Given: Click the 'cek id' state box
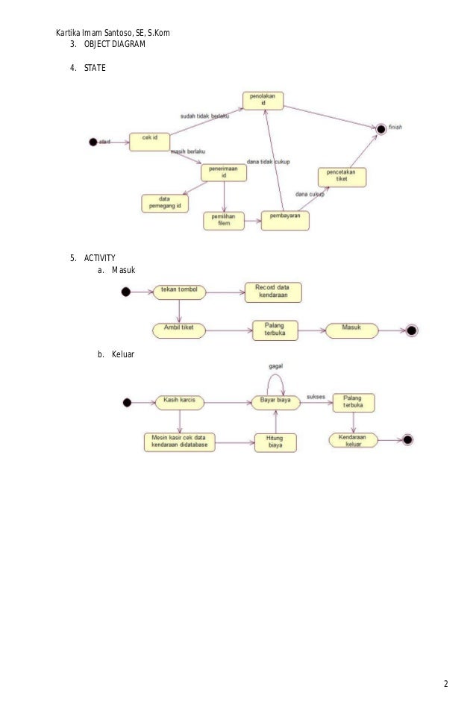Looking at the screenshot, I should [x=149, y=142].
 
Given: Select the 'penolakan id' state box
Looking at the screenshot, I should [x=262, y=101].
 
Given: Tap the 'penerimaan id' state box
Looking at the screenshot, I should [x=223, y=172].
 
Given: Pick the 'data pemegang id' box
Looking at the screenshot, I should [x=165, y=202].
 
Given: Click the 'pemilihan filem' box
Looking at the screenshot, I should [x=224, y=220].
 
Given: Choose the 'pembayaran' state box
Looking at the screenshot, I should [x=285, y=219].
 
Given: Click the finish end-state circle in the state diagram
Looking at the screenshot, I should [x=381, y=128].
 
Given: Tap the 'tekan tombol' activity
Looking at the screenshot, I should [x=179, y=291].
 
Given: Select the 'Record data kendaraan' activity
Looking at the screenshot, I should [x=274, y=292].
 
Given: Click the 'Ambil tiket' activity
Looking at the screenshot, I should [x=179, y=329].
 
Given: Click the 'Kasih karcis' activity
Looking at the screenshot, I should [x=179, y=402].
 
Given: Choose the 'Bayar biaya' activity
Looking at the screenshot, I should [x=275, y=402].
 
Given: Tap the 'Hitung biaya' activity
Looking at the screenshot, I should [x=275, y=442].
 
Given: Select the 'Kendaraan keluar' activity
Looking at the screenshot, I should [x=353, y=440].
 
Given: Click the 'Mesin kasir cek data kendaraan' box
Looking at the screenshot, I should [x=179, y=442].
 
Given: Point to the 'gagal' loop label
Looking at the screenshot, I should [x=275, y=367].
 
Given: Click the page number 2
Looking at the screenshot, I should [x=445, y=685].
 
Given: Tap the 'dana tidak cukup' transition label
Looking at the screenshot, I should [x=268, y=163].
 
